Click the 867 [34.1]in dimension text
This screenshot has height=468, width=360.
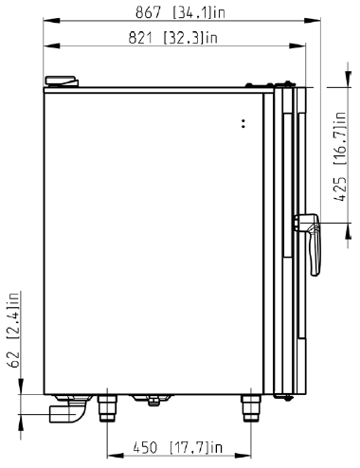click(180, 12)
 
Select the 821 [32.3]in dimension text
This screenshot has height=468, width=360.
click(173, 38)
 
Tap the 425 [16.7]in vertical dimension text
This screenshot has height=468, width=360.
click(340, 156)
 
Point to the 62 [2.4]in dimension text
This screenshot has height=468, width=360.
click(14, 330)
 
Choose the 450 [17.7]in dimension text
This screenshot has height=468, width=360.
click(178, 447)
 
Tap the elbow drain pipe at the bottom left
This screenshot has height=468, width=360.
click(69, 408)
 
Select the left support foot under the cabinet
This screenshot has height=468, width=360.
click(107, 408)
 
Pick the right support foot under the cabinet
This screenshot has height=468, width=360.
click(251, 408)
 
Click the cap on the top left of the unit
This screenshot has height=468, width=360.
click(62, 81)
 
